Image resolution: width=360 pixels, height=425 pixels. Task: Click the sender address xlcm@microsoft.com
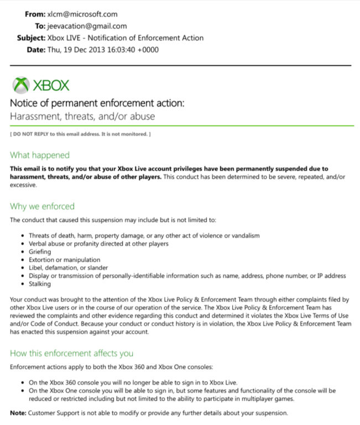(x=82, y=14)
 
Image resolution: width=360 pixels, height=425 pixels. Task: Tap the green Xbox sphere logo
(x=21, y=85)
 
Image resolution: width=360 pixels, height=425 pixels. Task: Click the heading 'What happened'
(x=40, y=155)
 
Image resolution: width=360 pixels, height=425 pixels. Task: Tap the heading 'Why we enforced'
(x=42, y=206)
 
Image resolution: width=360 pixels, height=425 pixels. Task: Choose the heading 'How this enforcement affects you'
(x=71, y=353)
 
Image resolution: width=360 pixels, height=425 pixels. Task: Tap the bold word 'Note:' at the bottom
(x=18, y=413)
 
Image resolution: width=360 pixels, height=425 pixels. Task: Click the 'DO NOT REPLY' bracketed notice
(x=80, y=134)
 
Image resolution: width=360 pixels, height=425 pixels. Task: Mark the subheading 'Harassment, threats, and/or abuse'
(x=82, y=116)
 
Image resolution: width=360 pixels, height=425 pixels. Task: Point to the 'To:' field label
(x=40, y=26)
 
